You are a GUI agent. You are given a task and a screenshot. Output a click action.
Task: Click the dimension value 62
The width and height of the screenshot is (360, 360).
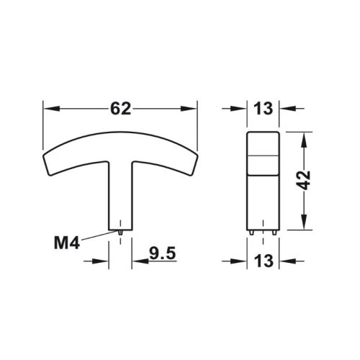pos(120,109)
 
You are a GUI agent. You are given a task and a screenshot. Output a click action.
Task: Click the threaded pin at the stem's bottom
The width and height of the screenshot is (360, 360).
pos(121,232)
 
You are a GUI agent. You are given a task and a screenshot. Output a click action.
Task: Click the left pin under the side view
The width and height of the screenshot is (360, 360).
pos(251,232)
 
